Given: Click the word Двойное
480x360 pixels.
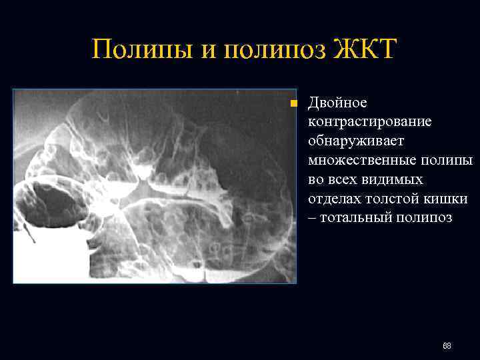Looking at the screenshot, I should pyautogui.click(x=337, y=103).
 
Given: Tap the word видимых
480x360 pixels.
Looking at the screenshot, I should pyautogui.click(x=385, y=180).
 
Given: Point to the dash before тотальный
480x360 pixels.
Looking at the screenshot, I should pyautogui.click(x=313, y=219).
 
